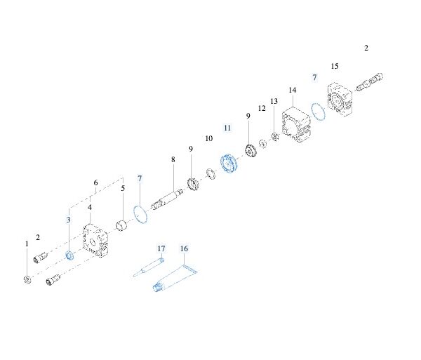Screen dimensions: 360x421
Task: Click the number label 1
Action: click(x=27, y=244)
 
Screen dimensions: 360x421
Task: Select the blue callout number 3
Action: click(x=69, y=220)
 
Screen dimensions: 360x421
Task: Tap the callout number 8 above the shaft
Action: click(x=173, y=160)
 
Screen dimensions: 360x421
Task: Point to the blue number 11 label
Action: click(x=227, y=128)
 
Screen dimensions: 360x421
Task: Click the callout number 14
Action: click(x=293, y=91)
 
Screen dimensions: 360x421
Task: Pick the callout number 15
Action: click(x=335, y=66)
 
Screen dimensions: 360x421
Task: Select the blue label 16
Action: click(x=184, y=248)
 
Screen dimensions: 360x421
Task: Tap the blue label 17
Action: click(x=161, y=248)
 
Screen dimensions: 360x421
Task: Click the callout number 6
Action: click(x=95, y=183)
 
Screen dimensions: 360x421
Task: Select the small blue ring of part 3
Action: click(x=69, y=255)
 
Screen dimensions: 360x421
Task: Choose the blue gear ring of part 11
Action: click(x=230, y=164)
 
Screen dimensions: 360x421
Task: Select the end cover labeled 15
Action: click(x=342, y=99)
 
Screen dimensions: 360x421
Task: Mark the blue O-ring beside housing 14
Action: click(x=316, y=112)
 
